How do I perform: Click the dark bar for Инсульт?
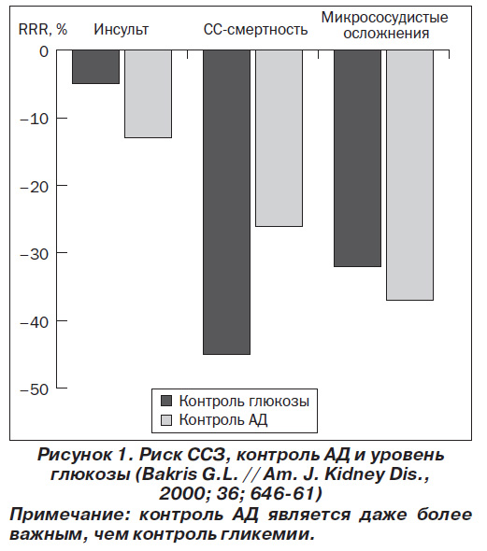(x=95, y=66)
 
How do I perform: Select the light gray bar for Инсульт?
(x=148, y=93)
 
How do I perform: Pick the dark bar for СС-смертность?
(x=227, y=202)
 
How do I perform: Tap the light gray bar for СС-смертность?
(x=279, y=138)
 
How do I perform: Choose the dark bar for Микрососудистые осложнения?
(x=358, y=159)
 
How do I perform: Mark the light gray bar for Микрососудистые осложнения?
(x=410, y=175)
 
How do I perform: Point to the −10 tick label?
(x=34, y=120)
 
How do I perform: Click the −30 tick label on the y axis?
(x=34, y=254)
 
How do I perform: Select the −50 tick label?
(x=34, y=389)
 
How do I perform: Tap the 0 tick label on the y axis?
(x=44, y=51)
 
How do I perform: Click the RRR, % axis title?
(x=43, y=30)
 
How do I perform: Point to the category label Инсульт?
(x=121, y=30)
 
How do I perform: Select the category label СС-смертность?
(x=255, y=30)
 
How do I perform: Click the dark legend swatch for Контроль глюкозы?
(x=166, y=401)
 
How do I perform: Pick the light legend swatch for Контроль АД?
(x=166, y=420)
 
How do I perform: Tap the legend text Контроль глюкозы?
(x=244, y=401)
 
